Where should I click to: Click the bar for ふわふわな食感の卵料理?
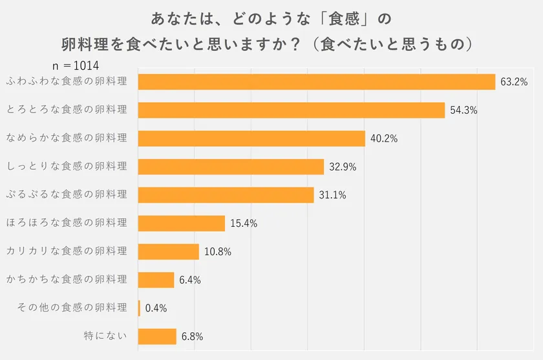pos(317,81)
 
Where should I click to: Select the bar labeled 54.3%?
pos(292,110)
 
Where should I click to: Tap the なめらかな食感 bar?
pos(251,138)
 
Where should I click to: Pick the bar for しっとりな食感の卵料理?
pos(231,167)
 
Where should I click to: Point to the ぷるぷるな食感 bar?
pos(226,195)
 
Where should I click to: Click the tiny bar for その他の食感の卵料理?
pos(139,308)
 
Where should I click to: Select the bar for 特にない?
pos(157,337)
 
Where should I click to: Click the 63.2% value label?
pos(515,82)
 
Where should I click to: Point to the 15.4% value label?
pos(244,224)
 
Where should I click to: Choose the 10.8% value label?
pos(218,252)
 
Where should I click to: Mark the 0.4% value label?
pos(156,308)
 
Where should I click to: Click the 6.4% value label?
pos(190,281)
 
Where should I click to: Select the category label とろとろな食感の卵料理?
pos(67,109)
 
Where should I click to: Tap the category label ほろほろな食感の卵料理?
pos(67,222)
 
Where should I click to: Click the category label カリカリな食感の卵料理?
pos(67,251)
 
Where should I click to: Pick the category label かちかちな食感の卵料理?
pos(67,279)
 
